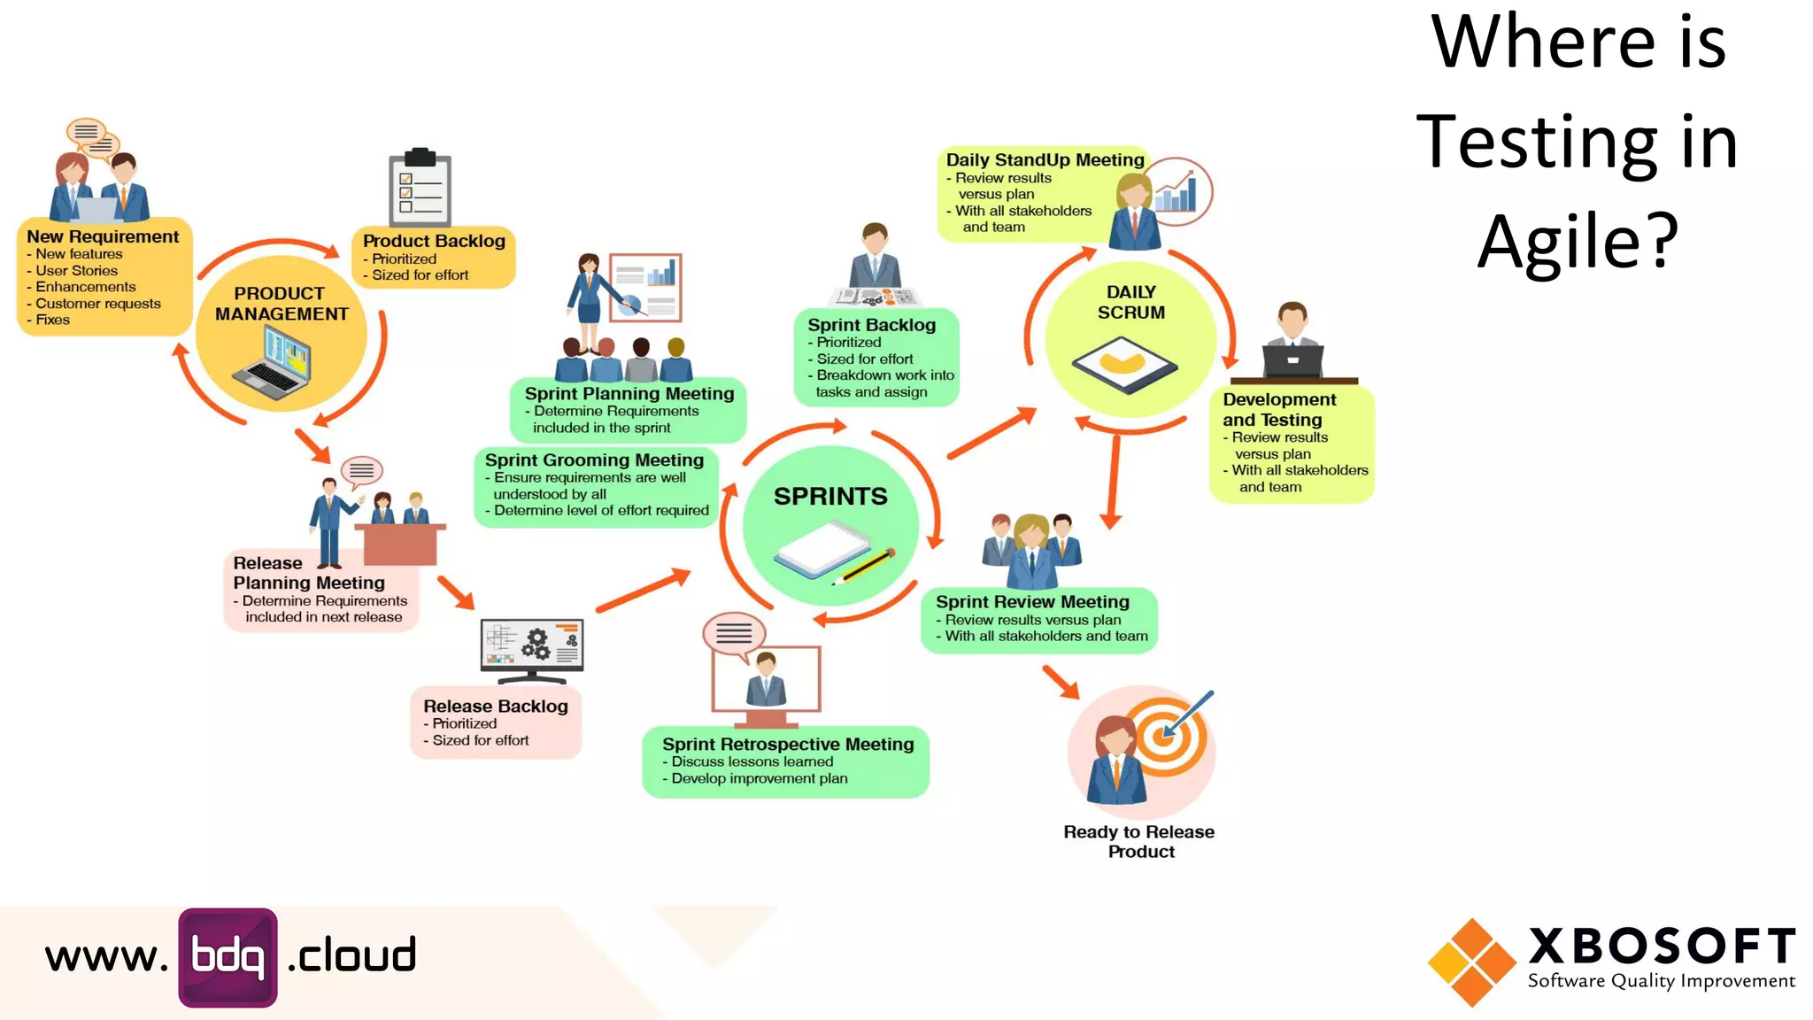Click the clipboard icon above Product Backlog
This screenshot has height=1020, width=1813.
point(420,188)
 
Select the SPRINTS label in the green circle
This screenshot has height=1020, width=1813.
point(830,497)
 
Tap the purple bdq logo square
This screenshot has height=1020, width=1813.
point(228,957)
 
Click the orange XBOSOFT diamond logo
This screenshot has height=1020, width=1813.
point(1471,962)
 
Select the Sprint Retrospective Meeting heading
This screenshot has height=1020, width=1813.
point(788,745)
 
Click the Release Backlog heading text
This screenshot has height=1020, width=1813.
point(496,707)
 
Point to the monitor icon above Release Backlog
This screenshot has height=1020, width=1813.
point(531,649)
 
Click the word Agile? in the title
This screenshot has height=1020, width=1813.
point(1578,241)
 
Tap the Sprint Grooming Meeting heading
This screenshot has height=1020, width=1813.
point(594,460)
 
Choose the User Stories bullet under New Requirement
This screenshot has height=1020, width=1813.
point(76,271)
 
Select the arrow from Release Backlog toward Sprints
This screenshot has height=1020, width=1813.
point(643,591)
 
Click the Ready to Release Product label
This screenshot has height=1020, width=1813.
point(1139,842)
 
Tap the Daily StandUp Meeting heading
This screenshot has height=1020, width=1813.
point(1045,160)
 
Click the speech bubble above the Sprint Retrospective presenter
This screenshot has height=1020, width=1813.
point(733,633)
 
